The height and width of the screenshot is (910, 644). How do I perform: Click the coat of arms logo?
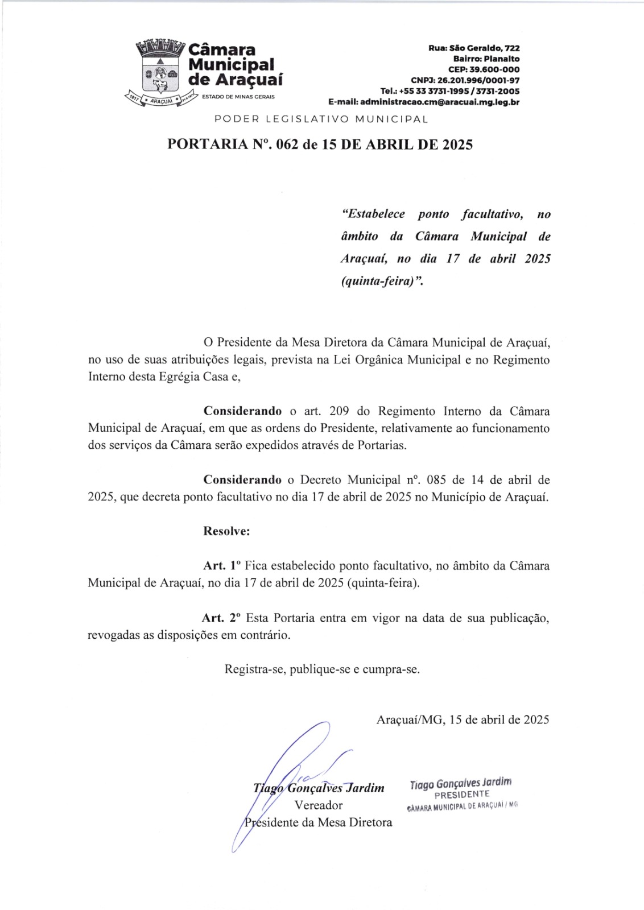click(161, 71)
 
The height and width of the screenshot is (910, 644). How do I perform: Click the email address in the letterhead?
click(424, 102)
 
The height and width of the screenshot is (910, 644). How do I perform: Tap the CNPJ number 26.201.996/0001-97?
click(465, 81)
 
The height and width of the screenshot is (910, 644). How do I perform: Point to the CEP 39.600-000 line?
click(484, 70)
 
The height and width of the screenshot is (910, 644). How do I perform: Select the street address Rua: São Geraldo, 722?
click(474, 48)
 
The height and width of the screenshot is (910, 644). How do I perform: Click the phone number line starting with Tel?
click(449, 92)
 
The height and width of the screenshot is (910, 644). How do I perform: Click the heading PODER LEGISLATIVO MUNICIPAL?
click(321, 119)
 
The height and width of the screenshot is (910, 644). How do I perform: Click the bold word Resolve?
click(226, 531)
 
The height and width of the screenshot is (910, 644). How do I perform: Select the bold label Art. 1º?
click(222, 566)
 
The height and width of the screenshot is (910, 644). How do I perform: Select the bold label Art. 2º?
click(221, 618)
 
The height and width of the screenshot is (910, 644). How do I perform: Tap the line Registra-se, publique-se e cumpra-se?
click(322, 669)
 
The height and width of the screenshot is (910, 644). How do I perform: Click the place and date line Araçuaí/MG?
click(463, 720)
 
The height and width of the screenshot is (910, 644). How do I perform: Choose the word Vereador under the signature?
click(319, 805)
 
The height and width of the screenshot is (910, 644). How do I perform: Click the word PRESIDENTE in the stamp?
click(461, 795)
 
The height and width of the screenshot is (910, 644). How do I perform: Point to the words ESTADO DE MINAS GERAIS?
click(238, 97)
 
